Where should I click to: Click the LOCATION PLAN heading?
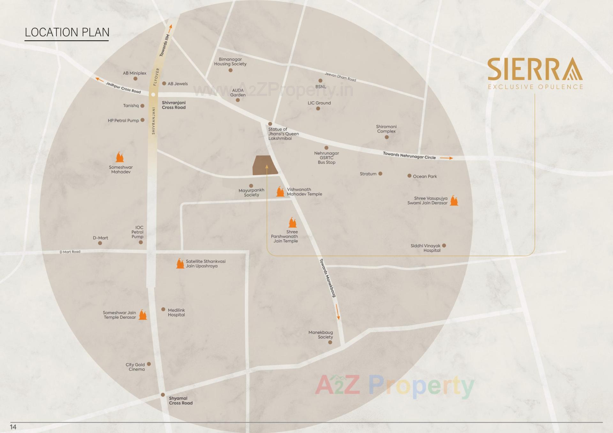pos(67,32)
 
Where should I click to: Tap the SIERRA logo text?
pos(535,69)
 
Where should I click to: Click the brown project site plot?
pos(265,165)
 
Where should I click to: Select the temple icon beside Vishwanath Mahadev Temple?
pos(280,191)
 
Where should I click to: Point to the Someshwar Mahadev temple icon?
pos(120,157)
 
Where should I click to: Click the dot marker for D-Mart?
pos(100,243)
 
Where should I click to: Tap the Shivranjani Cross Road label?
pos(173,105)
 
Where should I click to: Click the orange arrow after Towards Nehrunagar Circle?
pos(446,158)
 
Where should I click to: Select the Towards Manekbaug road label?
pos(328,278)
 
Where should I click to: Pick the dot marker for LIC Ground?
pos(318,108)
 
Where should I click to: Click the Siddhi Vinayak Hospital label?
pos(426,248)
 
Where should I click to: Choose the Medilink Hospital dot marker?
pos(163,309)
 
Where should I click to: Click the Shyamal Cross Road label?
pos(180,400)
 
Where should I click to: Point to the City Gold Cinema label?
pos(135,367)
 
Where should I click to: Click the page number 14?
pos(13,427)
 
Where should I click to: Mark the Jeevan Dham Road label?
pos(340,77)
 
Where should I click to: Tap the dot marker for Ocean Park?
pos(409,176)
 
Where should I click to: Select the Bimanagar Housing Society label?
pos(230,62)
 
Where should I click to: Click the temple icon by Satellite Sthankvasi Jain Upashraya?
pos(180,264)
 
